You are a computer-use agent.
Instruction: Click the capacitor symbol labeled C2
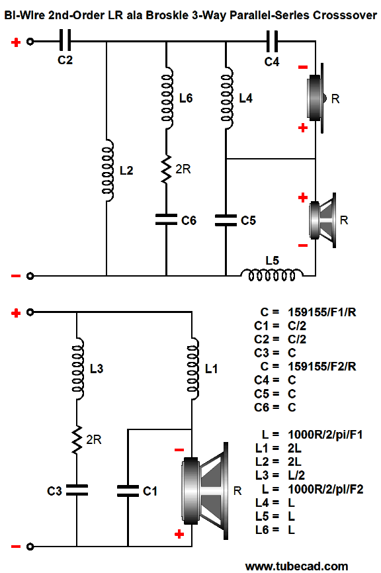[x=65, y=41]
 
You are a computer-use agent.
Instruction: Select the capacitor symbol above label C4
[x=272, y=41]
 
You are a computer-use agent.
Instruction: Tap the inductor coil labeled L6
[x=167, y=98]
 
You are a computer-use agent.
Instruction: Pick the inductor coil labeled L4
[x=226, y=98]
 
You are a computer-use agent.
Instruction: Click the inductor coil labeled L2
[x=107, y=170]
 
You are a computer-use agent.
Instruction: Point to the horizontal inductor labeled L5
[x=272, y=275]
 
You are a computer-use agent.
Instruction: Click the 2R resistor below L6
[x=166, y=169]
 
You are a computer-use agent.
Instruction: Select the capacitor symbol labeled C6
[x=166, y=220]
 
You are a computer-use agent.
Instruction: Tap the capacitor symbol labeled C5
[x=226, y=220]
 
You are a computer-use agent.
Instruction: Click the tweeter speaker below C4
[x=316, y=98]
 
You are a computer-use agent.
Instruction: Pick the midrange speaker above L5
[x=322, y=220]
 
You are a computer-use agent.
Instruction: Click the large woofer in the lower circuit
[x=205, y=491]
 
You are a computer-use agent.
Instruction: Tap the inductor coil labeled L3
[x=77, y=369]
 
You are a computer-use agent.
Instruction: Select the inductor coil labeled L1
[x=192, y=369]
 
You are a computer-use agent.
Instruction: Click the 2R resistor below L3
[x=77, y=439]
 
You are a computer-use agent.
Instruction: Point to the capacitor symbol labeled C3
[x=77, y=490]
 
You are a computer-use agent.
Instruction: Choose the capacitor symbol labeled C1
[x=128, y=491]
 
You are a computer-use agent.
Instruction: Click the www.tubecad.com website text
[x=296, y=567]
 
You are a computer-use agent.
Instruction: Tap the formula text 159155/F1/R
[x=322, y=312]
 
